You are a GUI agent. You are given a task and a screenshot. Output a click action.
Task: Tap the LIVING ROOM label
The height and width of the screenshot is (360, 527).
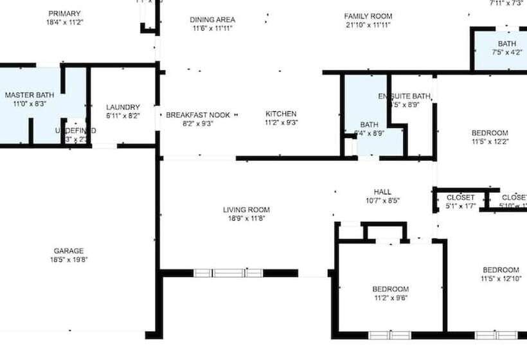pyautogui.click(x=246, y=210)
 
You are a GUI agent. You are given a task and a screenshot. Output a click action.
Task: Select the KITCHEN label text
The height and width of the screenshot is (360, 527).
pyautogui.click(x=281, y=114)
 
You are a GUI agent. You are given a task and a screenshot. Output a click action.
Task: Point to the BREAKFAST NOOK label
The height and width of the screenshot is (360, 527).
pyautogui.click(x=198, y=114)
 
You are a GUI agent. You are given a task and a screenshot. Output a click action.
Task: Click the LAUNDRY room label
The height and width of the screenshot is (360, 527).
pyautogui.click(x=123, y=107)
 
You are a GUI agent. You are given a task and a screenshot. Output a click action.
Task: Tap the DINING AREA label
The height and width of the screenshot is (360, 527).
pyautogui.click(x=211, y=19)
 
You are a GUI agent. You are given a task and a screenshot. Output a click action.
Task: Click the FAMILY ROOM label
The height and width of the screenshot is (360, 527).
pyautogui.click(x=368, y=16)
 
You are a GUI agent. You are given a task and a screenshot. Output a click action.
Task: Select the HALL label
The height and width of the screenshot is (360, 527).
pyautogui.click(x=382, y=192)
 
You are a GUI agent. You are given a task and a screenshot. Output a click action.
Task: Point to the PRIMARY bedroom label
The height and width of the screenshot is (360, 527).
pyautogui.click(x=64, y=14)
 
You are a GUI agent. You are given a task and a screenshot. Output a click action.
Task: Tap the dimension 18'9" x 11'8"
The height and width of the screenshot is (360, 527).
pyautogui.click(x=246, y=219)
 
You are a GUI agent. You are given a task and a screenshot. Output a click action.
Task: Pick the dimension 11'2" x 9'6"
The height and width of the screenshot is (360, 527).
pyautogui.click(x=390, y=298)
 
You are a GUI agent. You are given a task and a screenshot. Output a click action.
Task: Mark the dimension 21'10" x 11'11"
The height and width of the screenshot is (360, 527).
pyautogui.click(x=368, y=25)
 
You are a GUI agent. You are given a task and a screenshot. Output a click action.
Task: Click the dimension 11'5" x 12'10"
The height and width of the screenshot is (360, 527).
pyautogui.click(x=501, y=278)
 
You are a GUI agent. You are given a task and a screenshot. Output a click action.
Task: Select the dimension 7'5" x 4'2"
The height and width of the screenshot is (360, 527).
pyautogui.click(x=507, y=53)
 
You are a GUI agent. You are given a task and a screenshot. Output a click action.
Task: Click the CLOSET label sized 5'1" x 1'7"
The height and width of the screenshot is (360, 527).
pyautogui.click(x=460, y=197)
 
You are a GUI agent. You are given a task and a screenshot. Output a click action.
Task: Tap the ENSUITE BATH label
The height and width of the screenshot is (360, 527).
pyautogui.click(x=404, y=96)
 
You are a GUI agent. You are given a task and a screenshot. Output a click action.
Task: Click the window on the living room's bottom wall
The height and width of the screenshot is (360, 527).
pyautogui.click(x=228, y=273)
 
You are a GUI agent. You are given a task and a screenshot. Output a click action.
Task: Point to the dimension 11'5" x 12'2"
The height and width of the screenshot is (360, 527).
pyautogui.click(x=490, y=142)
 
